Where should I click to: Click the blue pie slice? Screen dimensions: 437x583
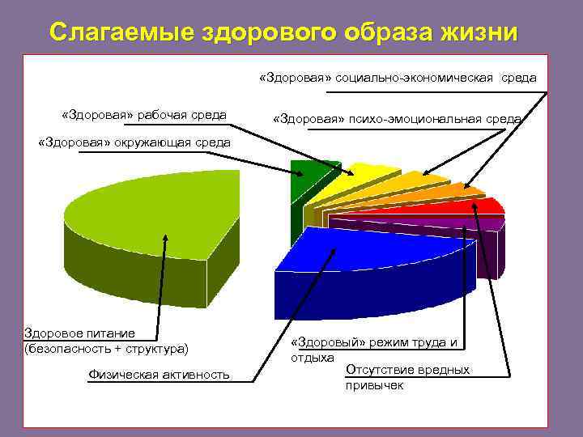click(x=364, y=259)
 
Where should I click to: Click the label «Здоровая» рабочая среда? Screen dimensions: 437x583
click(x=143, y=114)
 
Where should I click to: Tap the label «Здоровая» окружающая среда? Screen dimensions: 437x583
click(x=134, y=143)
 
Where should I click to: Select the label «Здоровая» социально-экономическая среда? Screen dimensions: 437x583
click(x=397, y=78)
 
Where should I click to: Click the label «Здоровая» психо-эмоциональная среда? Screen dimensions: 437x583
click(x=397, y=119)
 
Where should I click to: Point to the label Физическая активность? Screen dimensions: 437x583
click(x=158, y=374)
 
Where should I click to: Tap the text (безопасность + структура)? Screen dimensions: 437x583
click(x=106, y=349)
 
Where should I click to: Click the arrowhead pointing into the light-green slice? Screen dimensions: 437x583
click(x=167, y=239)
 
